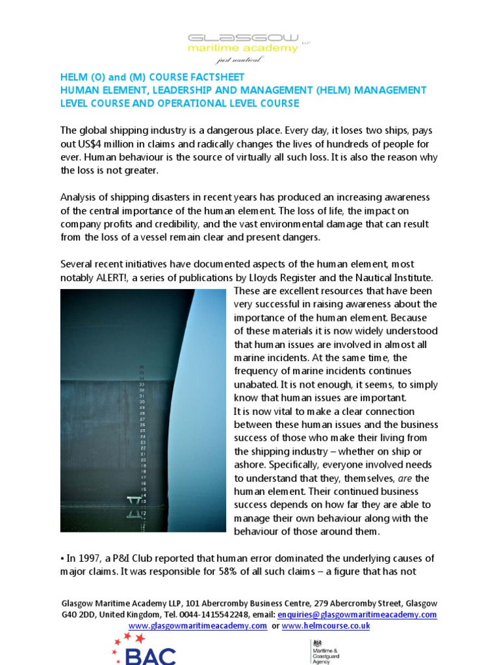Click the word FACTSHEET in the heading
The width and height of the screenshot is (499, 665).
point(215,77)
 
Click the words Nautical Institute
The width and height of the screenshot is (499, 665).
point(392,277)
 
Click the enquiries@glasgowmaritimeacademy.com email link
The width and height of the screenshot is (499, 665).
point(357,614)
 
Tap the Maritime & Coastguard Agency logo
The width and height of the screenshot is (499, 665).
point(323,651)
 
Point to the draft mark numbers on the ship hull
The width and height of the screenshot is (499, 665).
point(142,442)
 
